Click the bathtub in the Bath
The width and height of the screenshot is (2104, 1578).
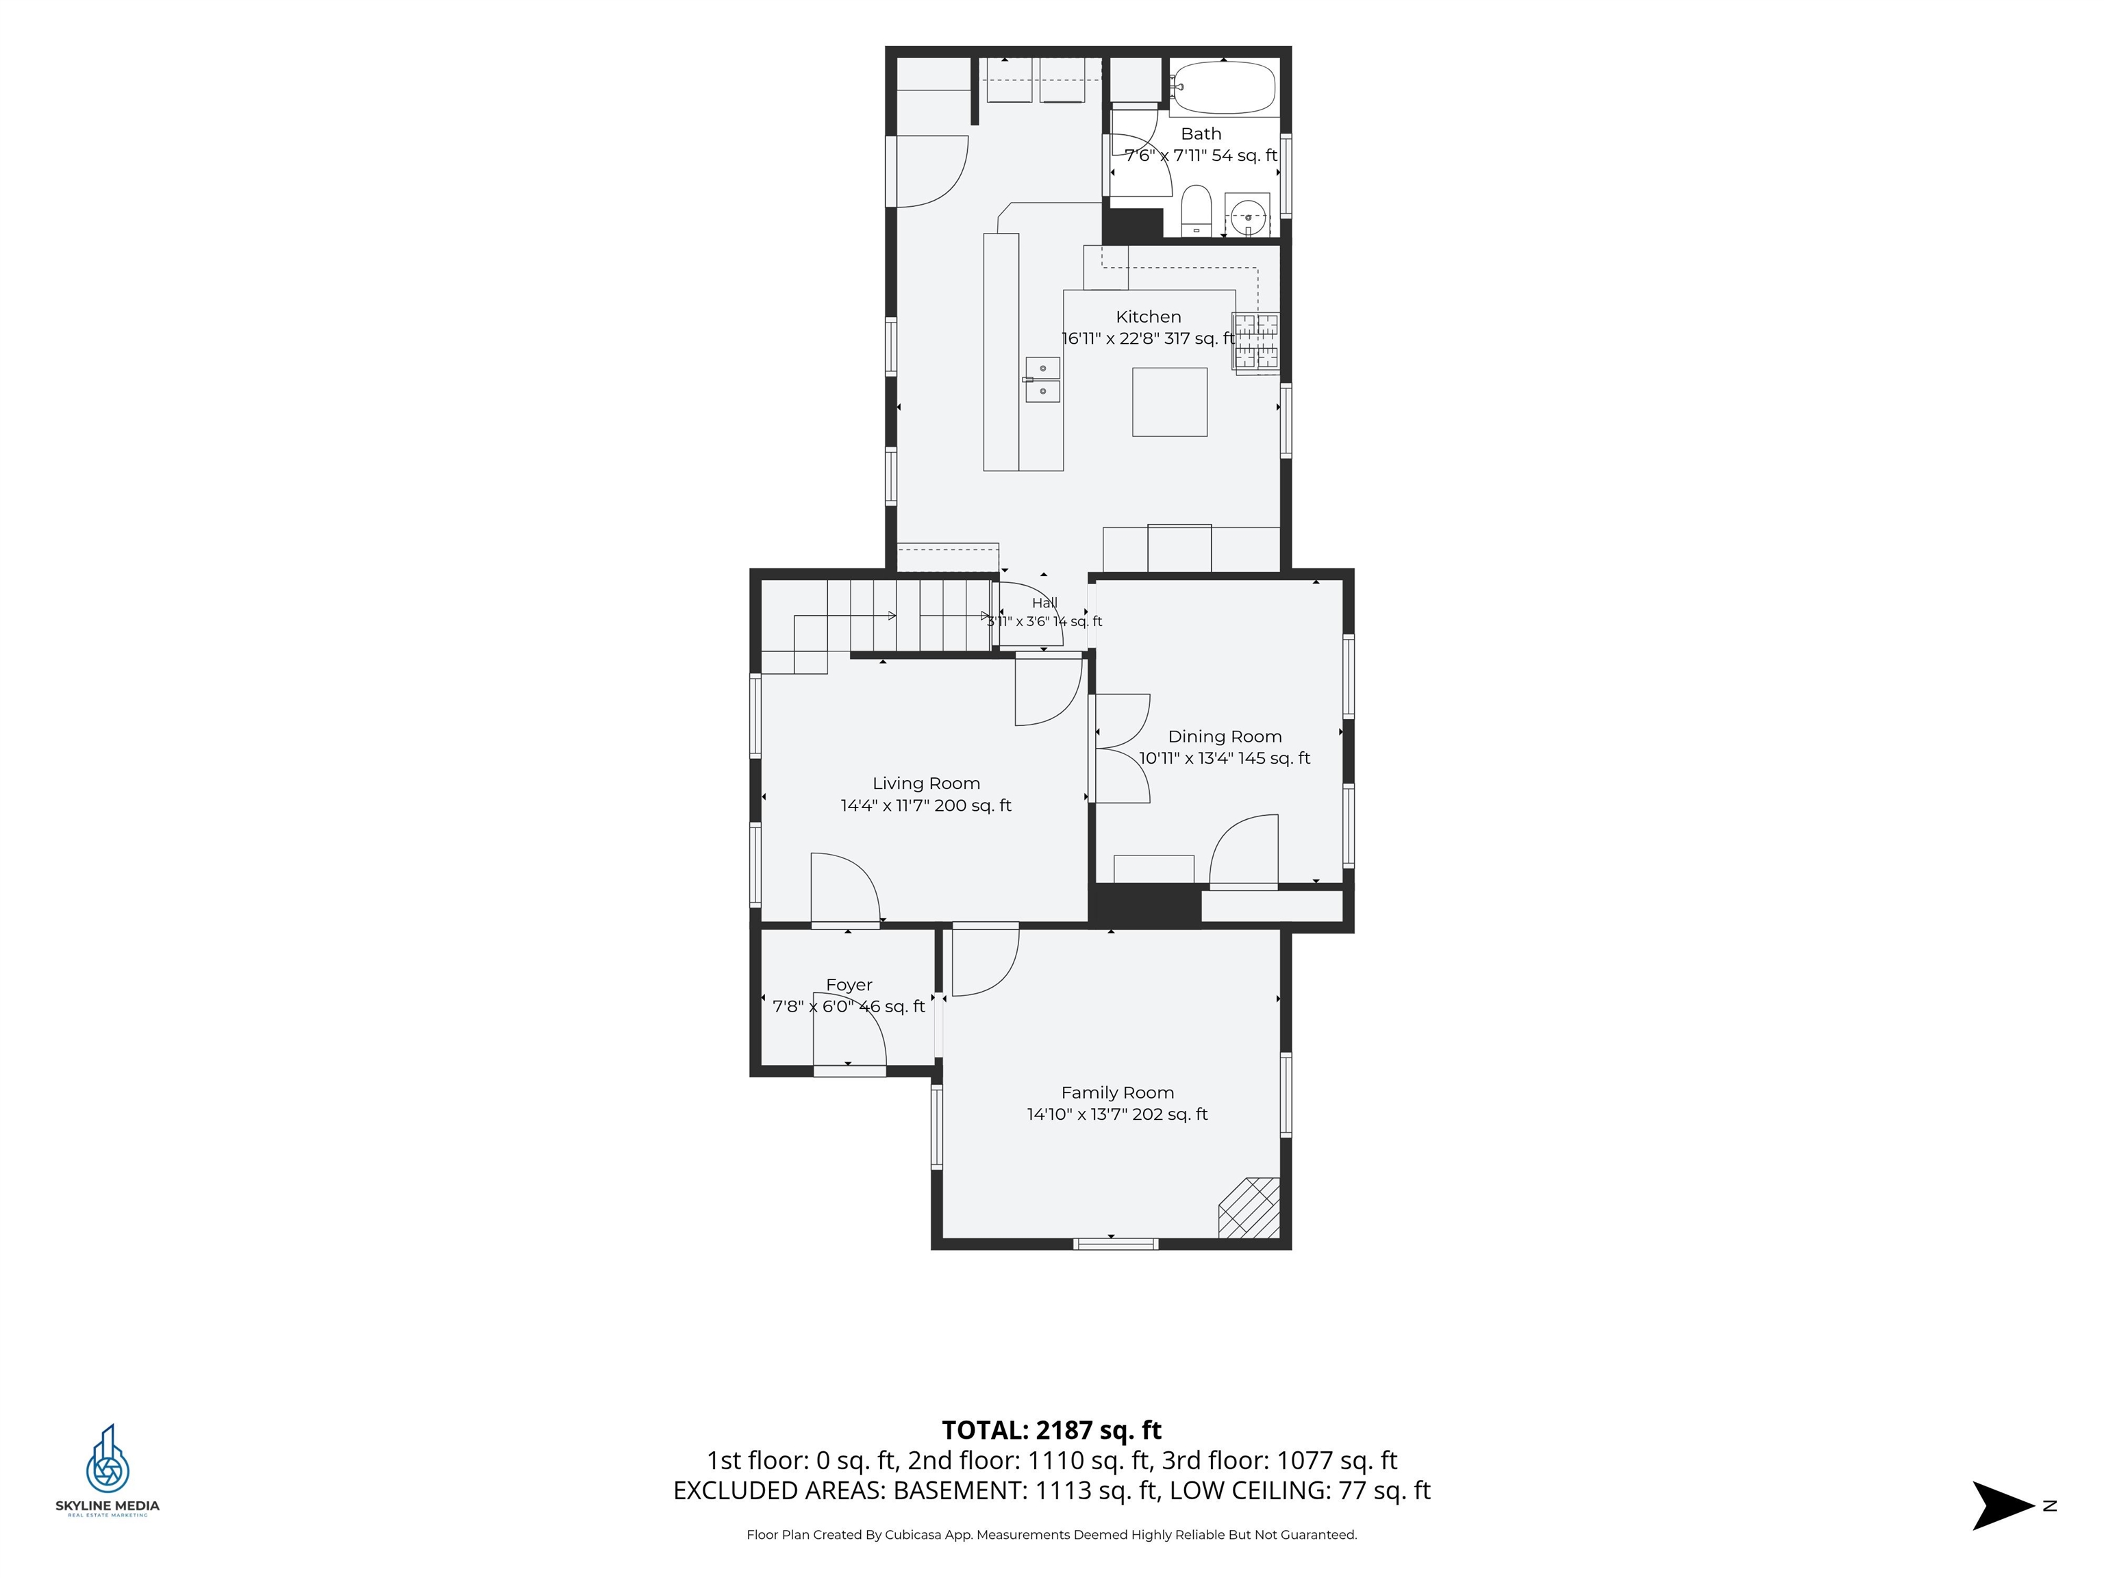coord(1223,88)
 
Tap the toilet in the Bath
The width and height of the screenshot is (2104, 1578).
coord(1196,211)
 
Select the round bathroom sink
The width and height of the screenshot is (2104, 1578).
coord(1247,215)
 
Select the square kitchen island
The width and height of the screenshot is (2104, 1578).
coord(1170,402)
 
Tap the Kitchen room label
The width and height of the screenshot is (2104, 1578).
coord(1148,316)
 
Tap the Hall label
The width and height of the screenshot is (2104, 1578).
coord(1044,603)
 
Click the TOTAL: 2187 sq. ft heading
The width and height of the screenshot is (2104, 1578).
coord(1052,1431)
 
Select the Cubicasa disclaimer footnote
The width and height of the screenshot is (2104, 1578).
coord(1052,1534)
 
